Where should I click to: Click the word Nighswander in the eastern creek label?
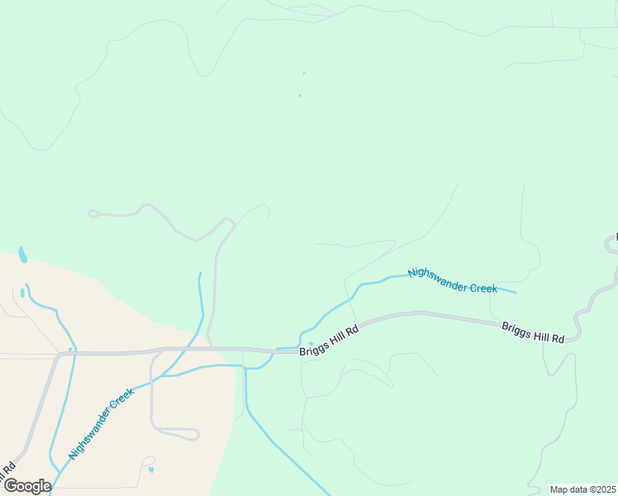pyautogui.click(x=438, y=279)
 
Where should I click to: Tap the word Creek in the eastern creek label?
pyautogui.click(x=484, y=289)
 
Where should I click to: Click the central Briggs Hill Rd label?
pyautogui.click(x=329, y=341)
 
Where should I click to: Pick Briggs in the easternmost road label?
pyautogui.click(x=516, y=329)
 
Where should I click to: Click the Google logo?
pyautogui.click(x=26, y=486)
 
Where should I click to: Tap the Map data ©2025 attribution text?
pyautogui.click(x=582, y=489)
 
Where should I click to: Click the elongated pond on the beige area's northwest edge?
pyautogui.click(x=22, y=254)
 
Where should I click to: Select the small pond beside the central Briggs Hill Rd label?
pyautogui.click(x=311, y=344)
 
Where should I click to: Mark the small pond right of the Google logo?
pyautogui.click(x=150, y=470)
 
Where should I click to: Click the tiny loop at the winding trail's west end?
pyautogui.click(x=93, y=213)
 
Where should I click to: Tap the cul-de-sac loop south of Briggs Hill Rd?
pyautogui.click(x=192, y=433)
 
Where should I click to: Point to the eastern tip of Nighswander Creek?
pyautogui.click(x=516, y=292)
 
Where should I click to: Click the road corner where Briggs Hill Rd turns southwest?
pyautogui.click(x=58, y=355)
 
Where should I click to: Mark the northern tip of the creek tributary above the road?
pyautogui.click(x=199, y=274)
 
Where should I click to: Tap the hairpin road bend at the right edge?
pyautogui.click(x=610, y=242)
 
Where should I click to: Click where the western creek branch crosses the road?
pyautogui.click(x=71, y=351)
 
